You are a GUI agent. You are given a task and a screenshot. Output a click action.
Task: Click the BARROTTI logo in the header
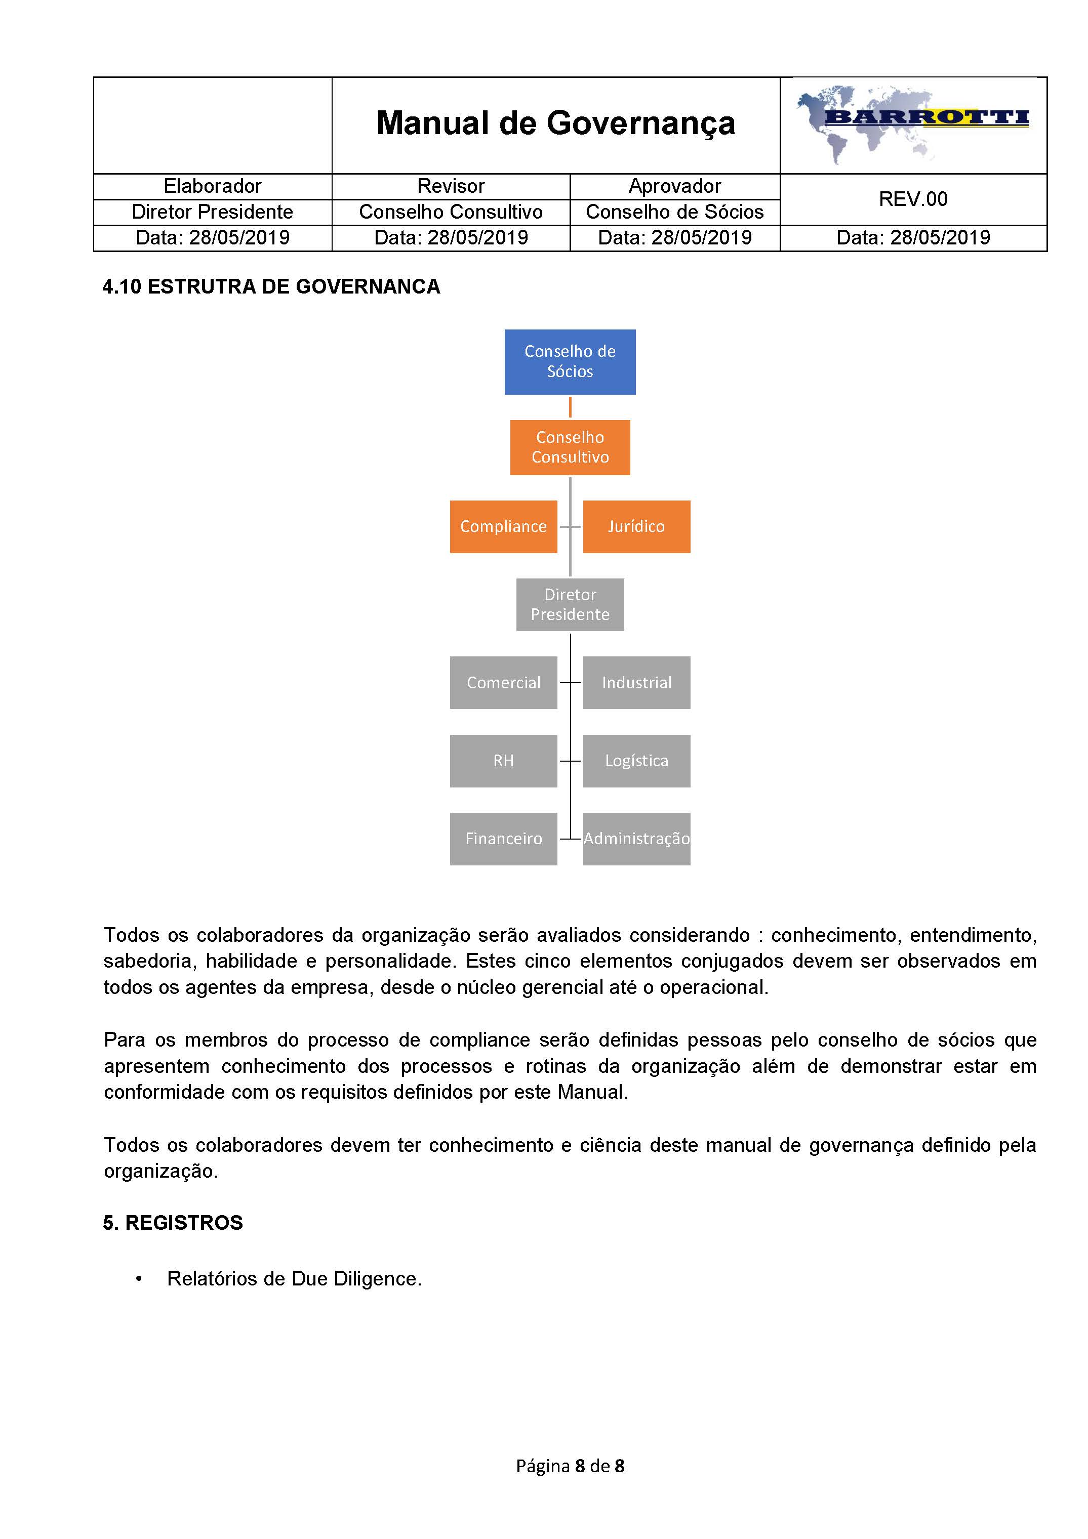[x=913, y=124]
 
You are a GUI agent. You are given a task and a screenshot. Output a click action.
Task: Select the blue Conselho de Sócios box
[x=570, y=361]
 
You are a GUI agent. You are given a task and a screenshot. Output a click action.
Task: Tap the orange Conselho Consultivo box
[x=570, y=447]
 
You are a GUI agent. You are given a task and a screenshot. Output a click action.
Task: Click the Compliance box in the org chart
[x=503, y=526]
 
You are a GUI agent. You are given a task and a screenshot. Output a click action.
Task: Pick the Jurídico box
[x=636, y=526]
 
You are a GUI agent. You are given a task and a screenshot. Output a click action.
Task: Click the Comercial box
[x=503, y=682]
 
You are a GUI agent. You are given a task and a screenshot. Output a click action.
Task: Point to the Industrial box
[x=636, y=682]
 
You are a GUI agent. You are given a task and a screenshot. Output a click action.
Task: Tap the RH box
[x=503, y=761]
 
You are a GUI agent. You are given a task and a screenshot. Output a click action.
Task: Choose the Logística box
[x=636, y=761]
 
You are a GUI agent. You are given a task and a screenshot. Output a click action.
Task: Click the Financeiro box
[x=503, y=839]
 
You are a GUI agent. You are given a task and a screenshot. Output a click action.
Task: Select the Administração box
[x=636, y=839]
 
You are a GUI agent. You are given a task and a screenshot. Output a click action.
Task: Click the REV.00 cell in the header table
[x=913, y=199]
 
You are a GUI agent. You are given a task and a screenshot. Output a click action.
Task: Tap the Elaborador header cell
[x=213, y=186]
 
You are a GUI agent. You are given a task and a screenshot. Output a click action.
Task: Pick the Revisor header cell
[x=451, y=186]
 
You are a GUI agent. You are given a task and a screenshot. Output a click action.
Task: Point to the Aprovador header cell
[x=674, y=186]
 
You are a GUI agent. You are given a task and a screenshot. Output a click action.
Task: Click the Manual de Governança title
[x=556, y=123]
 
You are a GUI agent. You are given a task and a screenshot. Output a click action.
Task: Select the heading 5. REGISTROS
[x=173, y=1223]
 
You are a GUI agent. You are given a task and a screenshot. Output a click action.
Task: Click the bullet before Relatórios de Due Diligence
[x=139, y=1279]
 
